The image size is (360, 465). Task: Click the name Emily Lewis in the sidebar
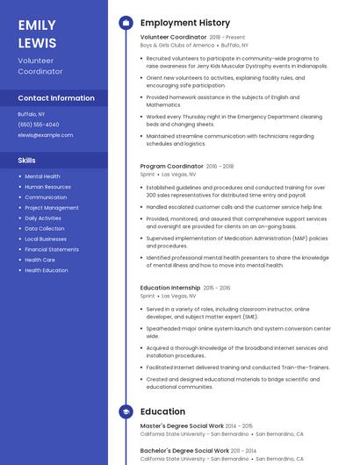(37, 34)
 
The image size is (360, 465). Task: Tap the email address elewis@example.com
(46, 135)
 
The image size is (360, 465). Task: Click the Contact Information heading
(56, 98)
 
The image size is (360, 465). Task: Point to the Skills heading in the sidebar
(27, 161)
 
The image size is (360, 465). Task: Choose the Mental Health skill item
(42, 176)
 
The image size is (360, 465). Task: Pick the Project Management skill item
(51, 208)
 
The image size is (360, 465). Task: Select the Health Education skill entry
(47, 270)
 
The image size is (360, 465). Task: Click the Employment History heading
(185, 23)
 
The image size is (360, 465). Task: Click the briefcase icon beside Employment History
(125, 23)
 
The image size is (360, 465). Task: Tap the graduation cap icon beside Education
(125, 411)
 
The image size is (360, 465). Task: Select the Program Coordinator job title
(171, 166)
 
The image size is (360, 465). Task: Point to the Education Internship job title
(170, 288)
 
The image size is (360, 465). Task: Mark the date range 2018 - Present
(227, 37)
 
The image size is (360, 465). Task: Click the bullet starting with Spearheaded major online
(238, 332)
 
